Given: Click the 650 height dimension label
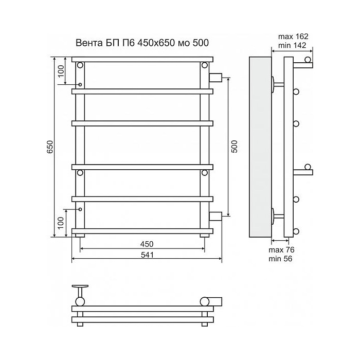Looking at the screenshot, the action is (x=50, y=147).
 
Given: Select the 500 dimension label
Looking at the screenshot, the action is (x=235, y=147).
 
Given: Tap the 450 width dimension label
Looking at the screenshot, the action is (x=147, y=244).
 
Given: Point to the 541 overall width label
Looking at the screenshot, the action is (x=147, y=255).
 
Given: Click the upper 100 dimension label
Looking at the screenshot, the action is (x=61, y=71).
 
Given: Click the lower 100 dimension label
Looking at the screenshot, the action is (x=61, y=223).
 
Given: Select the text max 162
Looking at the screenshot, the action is (x=293, y=37).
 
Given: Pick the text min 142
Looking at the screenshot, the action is (x=292, y=45).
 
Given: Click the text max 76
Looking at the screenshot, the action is (x=281, y=250).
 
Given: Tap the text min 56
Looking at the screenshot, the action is (x=280, y=259).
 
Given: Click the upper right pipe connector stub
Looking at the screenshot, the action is (x=215, y=77).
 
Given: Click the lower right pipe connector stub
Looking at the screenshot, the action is (x=215, y=217).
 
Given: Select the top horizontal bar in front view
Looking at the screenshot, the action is (x=142, y=60).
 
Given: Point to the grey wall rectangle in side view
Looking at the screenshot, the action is (x=260, y=147).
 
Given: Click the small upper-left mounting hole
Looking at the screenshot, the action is (x=80, y=85).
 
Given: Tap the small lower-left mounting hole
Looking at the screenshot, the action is (x=80, y=209).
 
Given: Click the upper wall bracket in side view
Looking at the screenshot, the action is (x=278, y=84).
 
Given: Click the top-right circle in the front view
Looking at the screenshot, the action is (x=205, y=65).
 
